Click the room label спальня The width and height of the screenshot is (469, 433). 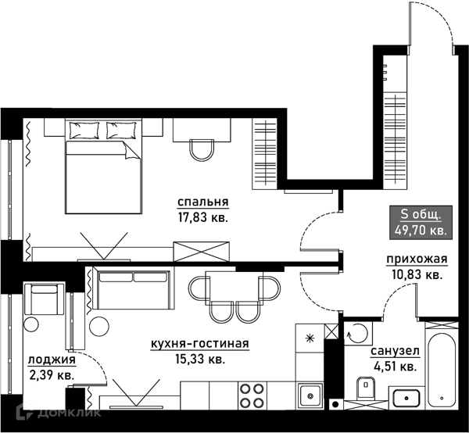[203, 202]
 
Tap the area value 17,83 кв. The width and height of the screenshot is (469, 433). [203, 217]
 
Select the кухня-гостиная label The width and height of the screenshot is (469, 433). [200, 344]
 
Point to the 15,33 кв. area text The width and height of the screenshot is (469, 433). [200, 359]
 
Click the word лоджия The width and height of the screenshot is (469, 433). [52, 360]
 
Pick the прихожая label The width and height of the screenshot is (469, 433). [417, 259]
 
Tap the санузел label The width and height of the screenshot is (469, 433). [395, 351]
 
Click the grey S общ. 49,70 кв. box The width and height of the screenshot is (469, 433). [421, 222]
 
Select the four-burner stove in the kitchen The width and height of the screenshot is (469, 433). [252, 395]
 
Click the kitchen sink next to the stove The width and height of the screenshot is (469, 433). [310, 396]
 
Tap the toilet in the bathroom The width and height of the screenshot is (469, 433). [366, 388]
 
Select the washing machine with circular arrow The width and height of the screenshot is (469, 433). [358, 333]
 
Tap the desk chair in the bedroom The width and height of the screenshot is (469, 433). [202, 150]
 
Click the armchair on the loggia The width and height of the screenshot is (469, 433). [44, 298]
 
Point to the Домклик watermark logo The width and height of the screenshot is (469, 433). [59, 412]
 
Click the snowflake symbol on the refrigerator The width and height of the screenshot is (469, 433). [310, 338]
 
